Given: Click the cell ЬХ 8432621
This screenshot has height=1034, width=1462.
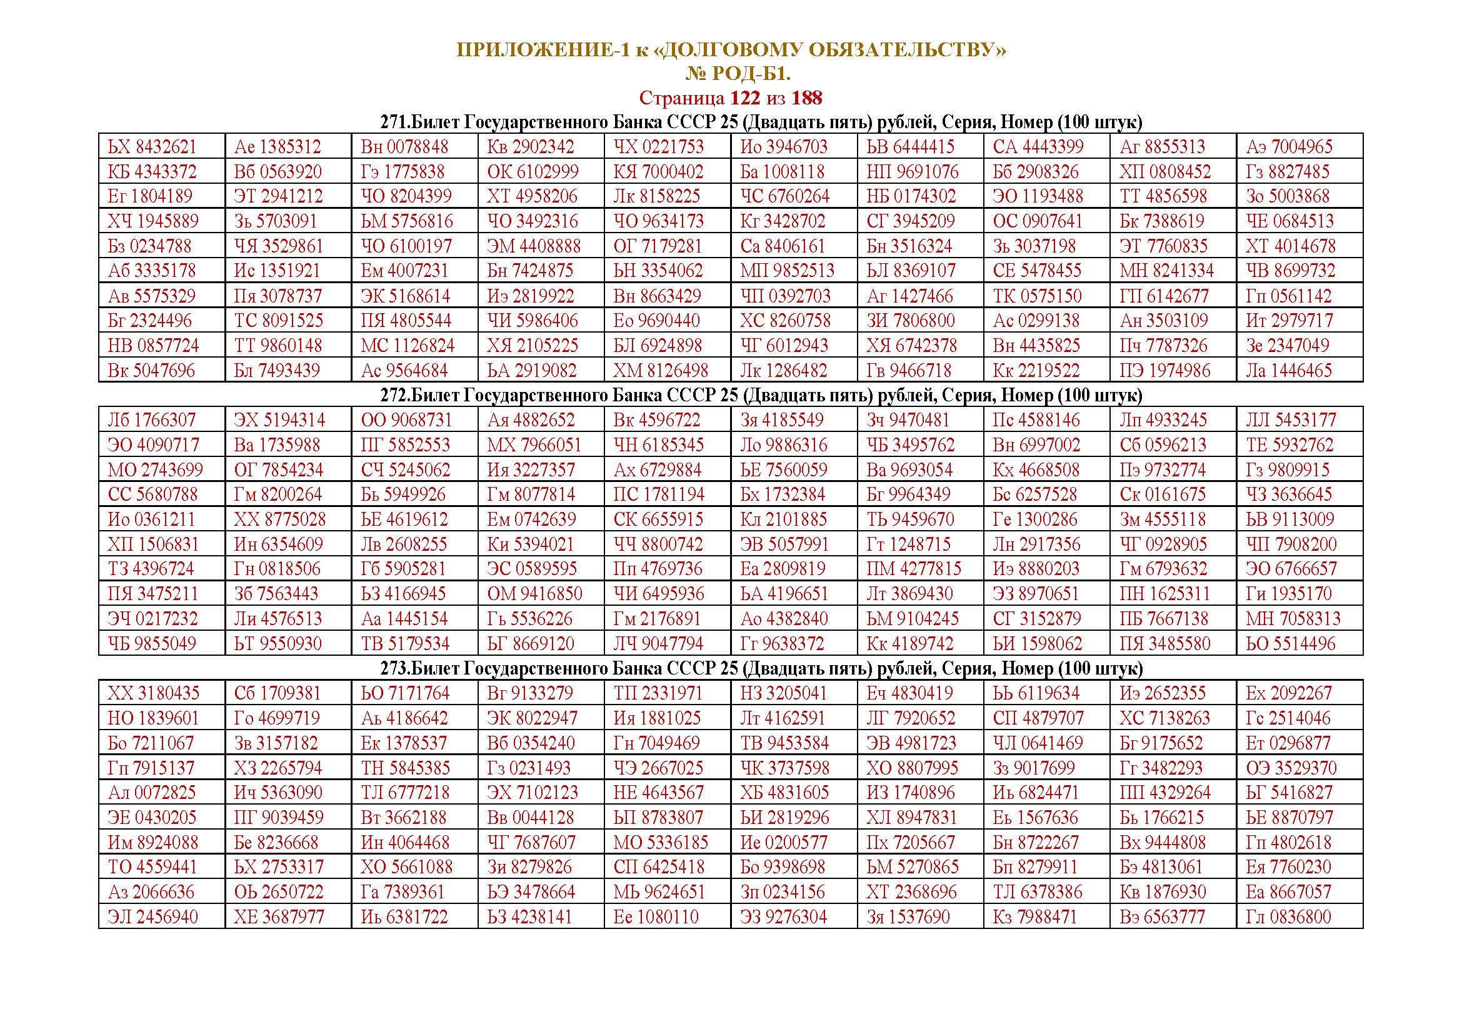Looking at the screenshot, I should pos(152,147).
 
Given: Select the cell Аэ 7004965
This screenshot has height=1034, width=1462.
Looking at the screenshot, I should pos(1289,147).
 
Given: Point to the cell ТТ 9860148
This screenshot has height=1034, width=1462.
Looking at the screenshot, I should pos(278,346).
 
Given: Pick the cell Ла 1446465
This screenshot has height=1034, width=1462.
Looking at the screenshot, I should pos(1289,371).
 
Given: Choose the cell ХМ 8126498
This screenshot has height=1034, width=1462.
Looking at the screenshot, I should pos(660,371).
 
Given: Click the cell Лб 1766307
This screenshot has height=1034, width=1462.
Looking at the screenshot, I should pos(151,420).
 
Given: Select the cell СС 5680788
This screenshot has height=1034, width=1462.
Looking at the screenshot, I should pos(152,494).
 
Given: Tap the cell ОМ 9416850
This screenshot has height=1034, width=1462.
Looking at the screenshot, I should pos(535,594).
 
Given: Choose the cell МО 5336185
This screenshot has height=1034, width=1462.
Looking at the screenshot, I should pos(660,842).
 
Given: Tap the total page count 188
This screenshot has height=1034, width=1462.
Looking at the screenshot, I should pos(807,98).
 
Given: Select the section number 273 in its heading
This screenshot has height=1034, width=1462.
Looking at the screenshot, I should pos(394,668).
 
